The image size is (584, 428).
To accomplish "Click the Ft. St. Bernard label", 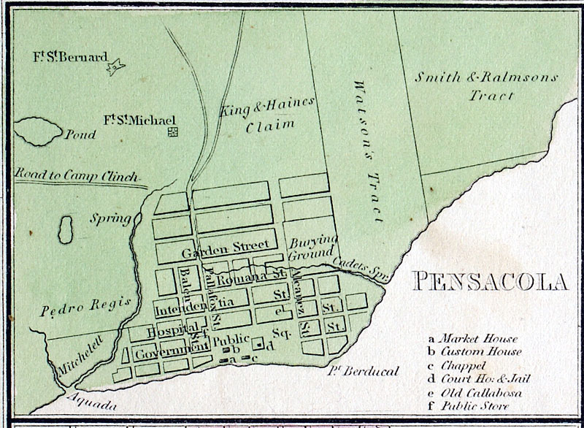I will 69,56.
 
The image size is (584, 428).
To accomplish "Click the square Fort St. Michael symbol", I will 173,131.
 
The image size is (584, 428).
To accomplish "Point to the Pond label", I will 80,135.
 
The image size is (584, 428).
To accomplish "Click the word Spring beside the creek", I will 105,218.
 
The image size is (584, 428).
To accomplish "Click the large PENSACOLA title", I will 490,280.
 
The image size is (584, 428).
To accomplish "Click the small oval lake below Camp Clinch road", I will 65,226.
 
